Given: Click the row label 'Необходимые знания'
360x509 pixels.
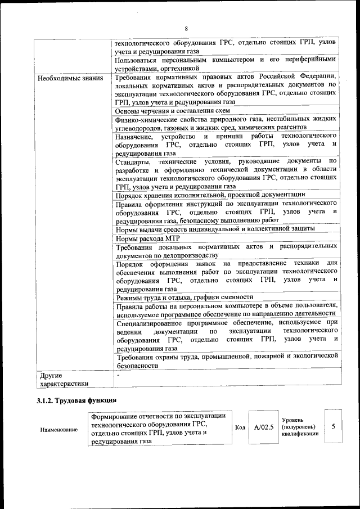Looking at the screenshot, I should click(x=70, y=77).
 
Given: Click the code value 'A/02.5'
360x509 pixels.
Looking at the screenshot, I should click(x=263, y=428).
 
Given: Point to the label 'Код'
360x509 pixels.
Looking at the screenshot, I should click(x=240, y=428).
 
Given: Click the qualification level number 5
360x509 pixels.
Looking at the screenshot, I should click(x=333, y=427).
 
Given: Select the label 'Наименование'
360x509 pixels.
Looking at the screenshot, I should click(x=58, y=430).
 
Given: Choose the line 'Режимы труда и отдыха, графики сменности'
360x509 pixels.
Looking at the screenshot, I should click(x=184, y=296).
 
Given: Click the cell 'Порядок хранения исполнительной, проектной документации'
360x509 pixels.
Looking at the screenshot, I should click(x=210, y=195).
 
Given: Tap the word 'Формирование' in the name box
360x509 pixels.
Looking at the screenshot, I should click(x=115, y=416).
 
